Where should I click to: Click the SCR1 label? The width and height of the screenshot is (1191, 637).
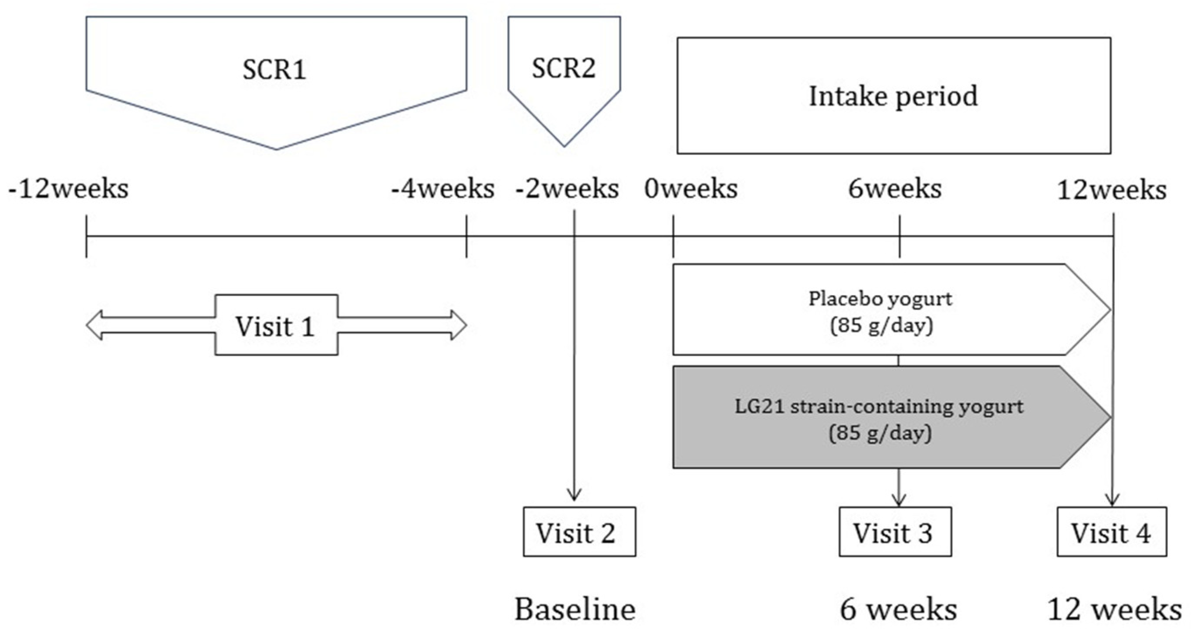pyautogui.click(x=274, y=70)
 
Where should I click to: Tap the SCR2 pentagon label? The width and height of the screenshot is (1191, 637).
pyautogui.click(x=564, y=69)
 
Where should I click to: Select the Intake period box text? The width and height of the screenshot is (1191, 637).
pyautogui.click(x=893, y=97)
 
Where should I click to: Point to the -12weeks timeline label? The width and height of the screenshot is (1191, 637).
pyautogui.click(x=68, y=189)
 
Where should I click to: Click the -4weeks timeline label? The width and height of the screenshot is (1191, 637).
pyautogui.click(x=443, y=189)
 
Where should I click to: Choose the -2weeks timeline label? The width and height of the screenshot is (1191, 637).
pyautogui.click(x=567, y=189)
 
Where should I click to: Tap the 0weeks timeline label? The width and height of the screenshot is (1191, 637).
pyautogui.click(x=691, y=189)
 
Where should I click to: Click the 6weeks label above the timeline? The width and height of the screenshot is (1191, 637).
pyautogui.click(x=895, y=189)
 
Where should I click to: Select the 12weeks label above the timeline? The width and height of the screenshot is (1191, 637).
pyautogui.click(x=1111, y=190)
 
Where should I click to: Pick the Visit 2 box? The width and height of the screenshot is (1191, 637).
pyautogui.click(x=579, y=533)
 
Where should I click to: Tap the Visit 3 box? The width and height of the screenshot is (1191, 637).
pyautogui.click(x=895, y=533)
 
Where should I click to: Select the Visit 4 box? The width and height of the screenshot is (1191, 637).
pyautogui.click(x=1111, y=533)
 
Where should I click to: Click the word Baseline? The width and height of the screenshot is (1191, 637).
pyautogui.click(x=575, y=609)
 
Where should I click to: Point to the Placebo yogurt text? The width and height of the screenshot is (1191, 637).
pyautogui.click(x=880, y=299)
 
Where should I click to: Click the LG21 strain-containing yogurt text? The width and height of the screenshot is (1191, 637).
pyautogui.click(x=879, y=407)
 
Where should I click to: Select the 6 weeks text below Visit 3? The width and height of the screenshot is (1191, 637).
pyautogui.click(x=898, y=609)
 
